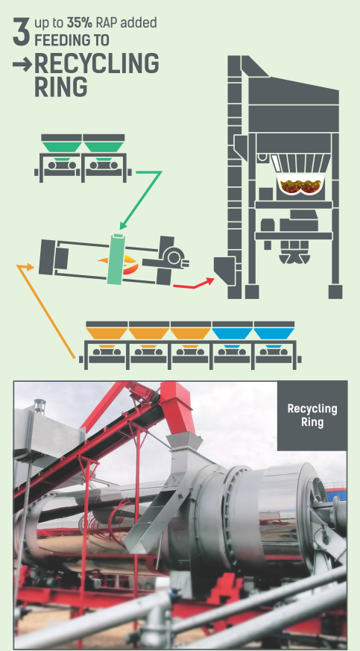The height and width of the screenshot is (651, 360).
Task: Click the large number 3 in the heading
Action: [x=21, y=31]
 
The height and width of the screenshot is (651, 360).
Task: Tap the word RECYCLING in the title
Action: [x=97, y=63]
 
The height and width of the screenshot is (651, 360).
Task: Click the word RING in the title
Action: [x=61, y=87]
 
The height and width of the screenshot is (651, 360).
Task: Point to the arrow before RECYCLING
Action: [x=22, y=64]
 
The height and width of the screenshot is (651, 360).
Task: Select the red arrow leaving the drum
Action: [x=193, y=283]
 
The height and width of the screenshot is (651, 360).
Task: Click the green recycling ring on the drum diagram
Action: [x=116, y=259]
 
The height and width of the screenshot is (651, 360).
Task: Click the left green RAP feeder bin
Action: [x=62, y=147]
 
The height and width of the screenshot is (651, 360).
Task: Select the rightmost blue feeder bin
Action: [x=274, y=333]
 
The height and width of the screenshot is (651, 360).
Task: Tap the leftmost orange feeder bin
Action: [x=107, y=333]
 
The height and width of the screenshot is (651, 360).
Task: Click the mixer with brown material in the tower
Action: [x=300, y=186]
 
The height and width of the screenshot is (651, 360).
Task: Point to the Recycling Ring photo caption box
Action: [x=312, y=415]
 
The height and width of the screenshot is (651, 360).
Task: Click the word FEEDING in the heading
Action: [x=72, y=41]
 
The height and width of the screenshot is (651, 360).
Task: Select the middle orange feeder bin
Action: [x=148, y=333]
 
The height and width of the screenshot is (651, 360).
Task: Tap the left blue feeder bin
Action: [x=233, y=333]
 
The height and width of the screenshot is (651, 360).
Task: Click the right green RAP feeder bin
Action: [x=104, y=147]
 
